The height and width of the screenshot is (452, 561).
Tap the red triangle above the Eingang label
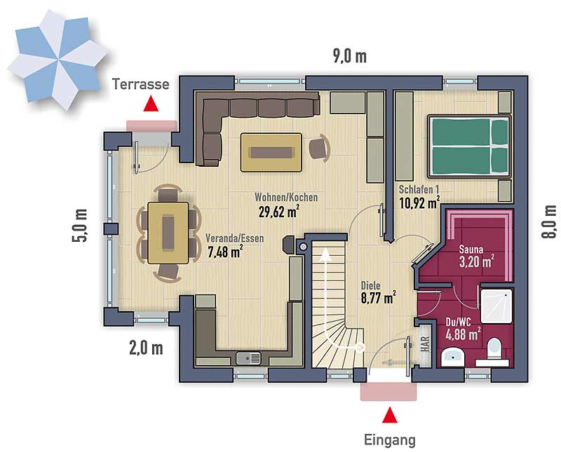(x=390, y=415)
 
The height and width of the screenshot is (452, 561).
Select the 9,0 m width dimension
(x=350, y=57)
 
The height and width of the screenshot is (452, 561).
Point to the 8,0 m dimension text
(x=550, y=221)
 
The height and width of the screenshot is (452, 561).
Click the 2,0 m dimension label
(x=146, y=348)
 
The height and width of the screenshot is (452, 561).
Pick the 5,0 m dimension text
(x=80, y=225)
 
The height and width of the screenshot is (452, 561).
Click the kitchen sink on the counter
(x=248, y=357)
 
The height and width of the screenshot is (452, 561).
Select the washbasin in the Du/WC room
(x=452, y=357)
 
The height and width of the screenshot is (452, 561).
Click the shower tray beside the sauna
(x=496, y=306)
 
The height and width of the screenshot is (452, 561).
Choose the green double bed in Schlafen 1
(x=469, y=146)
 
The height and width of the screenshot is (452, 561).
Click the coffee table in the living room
(x=271, y=152)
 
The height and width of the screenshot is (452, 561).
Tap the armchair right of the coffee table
(x=319, y=147)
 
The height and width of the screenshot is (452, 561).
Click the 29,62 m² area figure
(x=279, y=212)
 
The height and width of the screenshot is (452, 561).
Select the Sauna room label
(x=471, y=249)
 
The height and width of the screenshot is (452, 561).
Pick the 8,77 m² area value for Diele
(x=378, y=298)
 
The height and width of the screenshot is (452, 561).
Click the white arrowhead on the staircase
(x=325, y=253)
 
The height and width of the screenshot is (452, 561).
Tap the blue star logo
(x=58, y=60)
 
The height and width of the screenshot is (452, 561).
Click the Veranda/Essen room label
(x=235, y=238)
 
